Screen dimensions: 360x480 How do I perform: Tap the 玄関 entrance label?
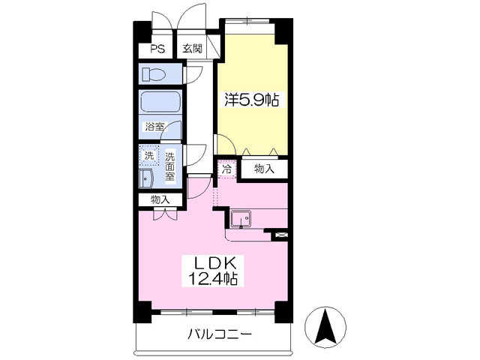pos(192,49)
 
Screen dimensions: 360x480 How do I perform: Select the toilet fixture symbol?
pos(155,74)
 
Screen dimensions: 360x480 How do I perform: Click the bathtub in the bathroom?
pos(160,102)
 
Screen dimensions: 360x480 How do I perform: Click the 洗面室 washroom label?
pos(170,167)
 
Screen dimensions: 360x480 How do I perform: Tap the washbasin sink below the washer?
pos(146,178)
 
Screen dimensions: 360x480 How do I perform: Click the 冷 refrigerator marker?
pos(226,169)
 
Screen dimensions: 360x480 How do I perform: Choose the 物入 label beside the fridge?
pos(264,169)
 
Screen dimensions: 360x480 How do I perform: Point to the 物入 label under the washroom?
pos(160,199)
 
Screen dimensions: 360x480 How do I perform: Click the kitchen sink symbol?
pos(241,219)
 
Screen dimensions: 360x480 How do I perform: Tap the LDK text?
pos(216,264)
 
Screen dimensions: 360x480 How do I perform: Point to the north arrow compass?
pos(327,327)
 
